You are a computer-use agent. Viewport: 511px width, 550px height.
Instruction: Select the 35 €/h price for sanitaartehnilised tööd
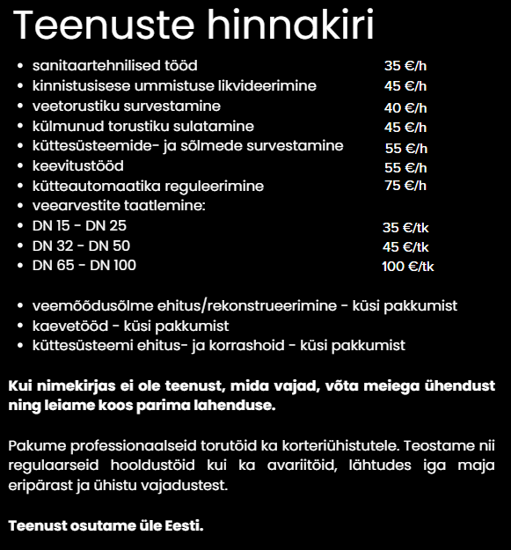click(x=405, y=66)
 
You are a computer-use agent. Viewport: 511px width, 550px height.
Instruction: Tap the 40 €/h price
click(x=405, y=107)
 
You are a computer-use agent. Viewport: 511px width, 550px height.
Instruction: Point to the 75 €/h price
click(x=405, y=186)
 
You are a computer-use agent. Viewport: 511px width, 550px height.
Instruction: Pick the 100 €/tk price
click(x=407, y=266)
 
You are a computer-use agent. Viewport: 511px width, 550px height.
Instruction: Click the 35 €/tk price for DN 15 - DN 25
click(x=405, y=227)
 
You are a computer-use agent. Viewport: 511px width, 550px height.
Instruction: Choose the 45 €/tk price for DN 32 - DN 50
click(x=405, y=246)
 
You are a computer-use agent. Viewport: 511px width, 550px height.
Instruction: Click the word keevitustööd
click(x=77, y=165)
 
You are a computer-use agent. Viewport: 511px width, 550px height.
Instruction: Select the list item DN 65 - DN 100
click(x=84, y=265)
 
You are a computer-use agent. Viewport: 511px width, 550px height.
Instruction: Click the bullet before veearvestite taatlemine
click(x=20, y=206)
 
